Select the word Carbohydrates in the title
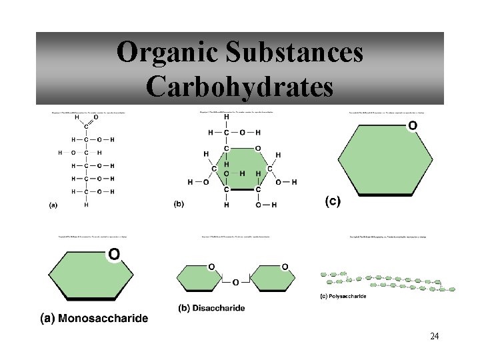tap(240, 87)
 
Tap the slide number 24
tap(434, 336)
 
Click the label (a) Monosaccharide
tap(95, 319)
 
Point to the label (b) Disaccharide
tap(211, 308)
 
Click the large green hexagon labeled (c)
tap(384, 160)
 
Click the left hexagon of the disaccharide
tap(199, 279)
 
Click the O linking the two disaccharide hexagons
tap(235, 283)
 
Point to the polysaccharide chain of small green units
tap(387, 281)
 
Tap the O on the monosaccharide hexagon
tap(114, 255)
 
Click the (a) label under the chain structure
tap(53, 205)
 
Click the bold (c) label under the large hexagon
tap(332, 201)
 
